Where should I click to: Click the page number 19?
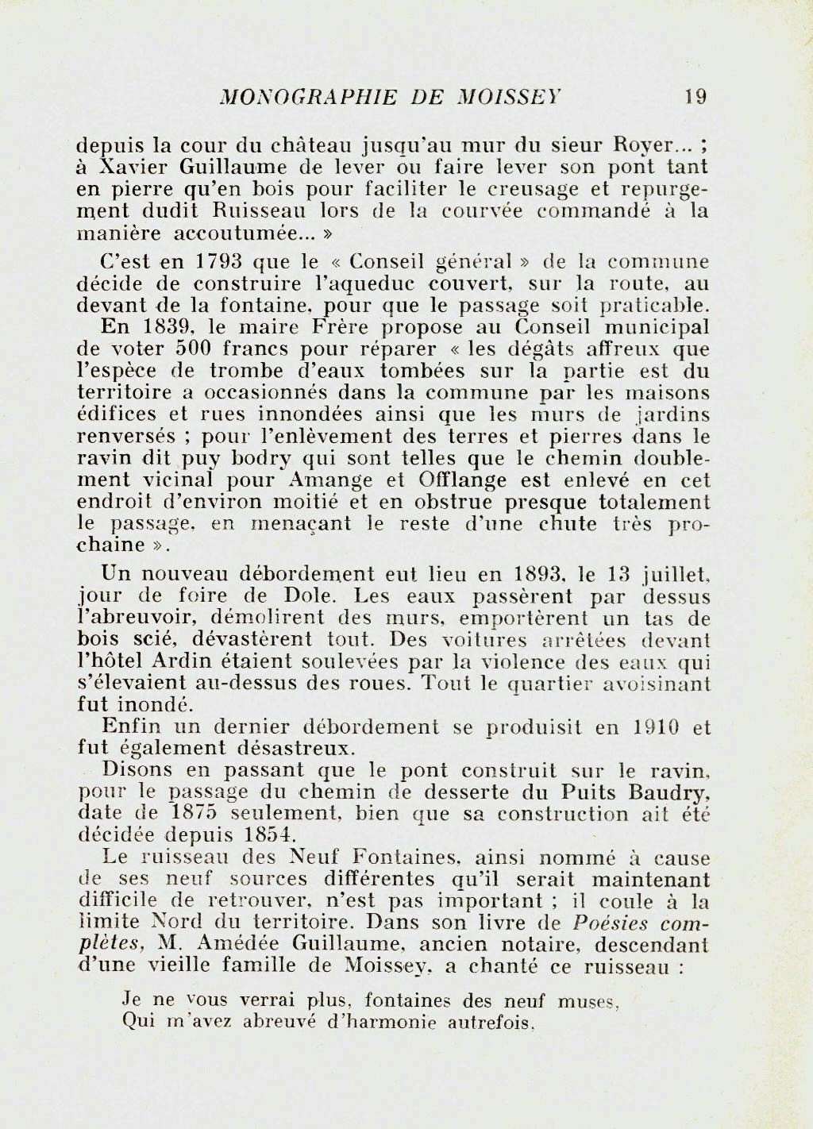695,98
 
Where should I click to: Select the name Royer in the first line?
640,146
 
